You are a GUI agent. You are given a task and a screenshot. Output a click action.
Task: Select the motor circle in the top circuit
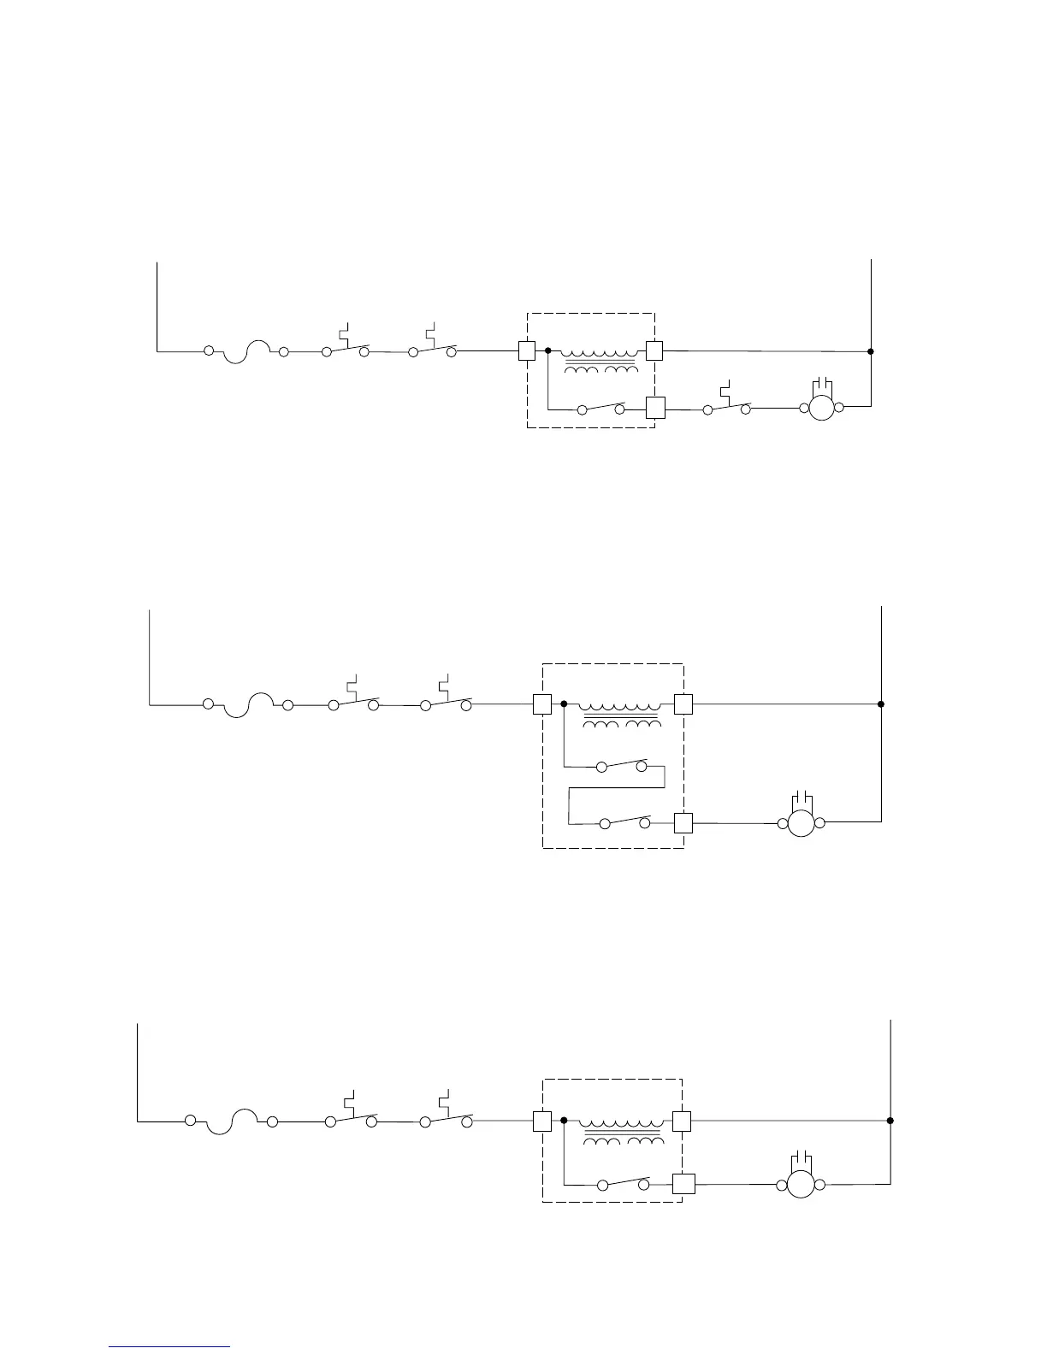coord(821,409)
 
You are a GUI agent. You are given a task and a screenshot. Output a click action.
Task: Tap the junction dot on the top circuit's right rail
coord(871,351)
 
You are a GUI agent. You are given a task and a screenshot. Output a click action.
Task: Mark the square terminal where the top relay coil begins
coord(527,350)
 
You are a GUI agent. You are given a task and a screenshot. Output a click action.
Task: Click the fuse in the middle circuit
coord(247,704)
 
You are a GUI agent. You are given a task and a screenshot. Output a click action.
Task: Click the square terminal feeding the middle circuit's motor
coord(683,822)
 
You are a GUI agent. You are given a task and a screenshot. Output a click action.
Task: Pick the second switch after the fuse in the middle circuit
coord(446,703)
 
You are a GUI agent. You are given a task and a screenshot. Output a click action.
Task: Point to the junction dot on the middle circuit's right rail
coord(881,704)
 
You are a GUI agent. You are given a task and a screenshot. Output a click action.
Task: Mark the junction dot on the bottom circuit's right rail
coord(890,1121)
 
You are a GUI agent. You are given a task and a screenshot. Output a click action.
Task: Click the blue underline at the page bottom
coord(170,1347)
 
